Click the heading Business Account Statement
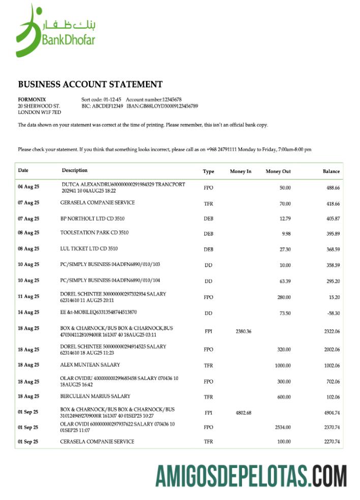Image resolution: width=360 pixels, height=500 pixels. (x=90, y=84)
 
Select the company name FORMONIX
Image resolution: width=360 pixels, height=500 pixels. (x=32, y=99)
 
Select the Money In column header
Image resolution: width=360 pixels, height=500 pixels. (x=241, y=171)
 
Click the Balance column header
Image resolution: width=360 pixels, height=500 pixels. (x=331, y=171)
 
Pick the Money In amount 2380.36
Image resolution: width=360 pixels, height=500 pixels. (x=244, y=331)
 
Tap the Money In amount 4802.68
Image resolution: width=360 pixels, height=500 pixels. (x=244, y=413)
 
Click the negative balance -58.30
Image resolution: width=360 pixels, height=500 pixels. (x=333, y=313)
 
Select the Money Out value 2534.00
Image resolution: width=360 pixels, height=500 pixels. (x=282, y=427)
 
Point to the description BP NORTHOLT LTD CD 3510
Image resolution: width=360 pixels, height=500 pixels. (x=92, y=218)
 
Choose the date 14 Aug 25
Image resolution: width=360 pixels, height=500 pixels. (x=28, y=312)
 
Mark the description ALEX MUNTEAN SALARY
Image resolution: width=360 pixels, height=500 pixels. (x=88, y=365)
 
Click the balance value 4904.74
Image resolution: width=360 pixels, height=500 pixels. (x=332, y=413)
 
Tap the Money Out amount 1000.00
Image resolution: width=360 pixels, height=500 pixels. (x=282, y=365)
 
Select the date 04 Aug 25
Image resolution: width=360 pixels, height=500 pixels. (x=28, y=187)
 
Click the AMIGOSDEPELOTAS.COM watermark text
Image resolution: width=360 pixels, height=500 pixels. (x=251, y=476)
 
